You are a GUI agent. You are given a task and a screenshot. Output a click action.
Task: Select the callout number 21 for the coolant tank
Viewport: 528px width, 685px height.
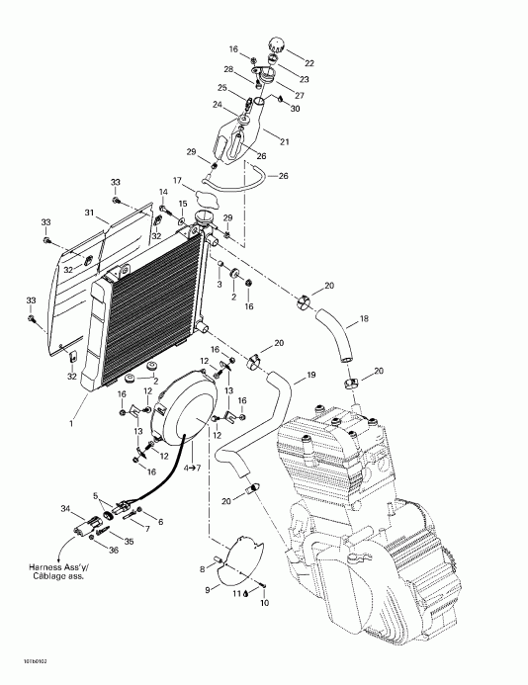(x=285, y=142)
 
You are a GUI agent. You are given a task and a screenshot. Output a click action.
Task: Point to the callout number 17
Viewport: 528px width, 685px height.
(x=178, y=181)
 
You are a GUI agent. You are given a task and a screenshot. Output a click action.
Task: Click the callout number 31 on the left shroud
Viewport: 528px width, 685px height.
(x=89, y=214)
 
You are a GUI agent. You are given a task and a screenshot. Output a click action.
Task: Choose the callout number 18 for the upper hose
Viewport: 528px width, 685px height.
(x=364, y=320)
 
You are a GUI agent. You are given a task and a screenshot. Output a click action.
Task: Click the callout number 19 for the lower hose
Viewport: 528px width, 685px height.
(x=310, y=376)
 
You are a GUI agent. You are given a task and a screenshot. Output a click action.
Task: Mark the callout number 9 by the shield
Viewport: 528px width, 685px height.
(x=207, y=589)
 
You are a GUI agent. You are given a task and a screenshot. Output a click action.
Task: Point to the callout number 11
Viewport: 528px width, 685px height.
(x=236, y=594)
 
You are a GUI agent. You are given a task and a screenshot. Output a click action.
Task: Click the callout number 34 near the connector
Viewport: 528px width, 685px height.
(x=66, y=509)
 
